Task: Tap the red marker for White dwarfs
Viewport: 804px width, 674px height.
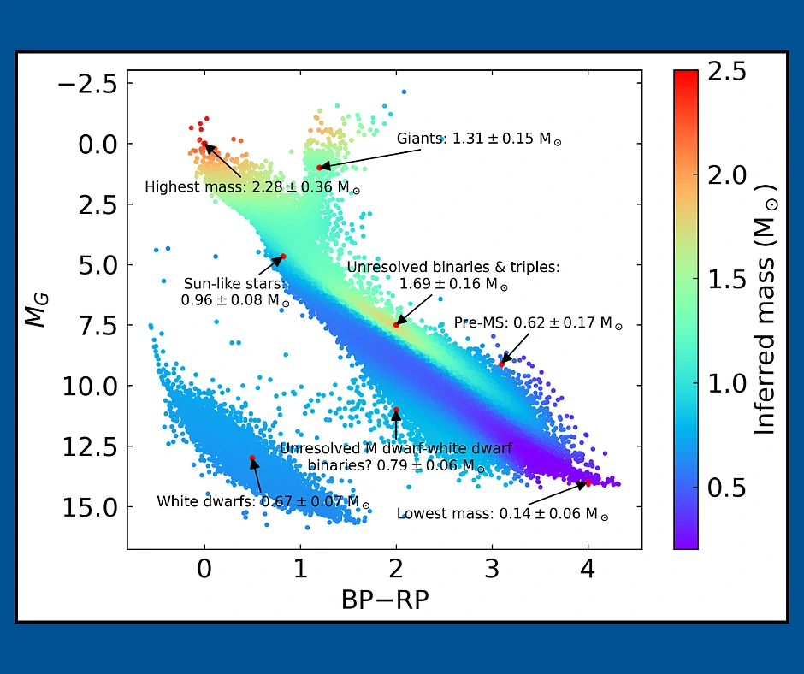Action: [x=252, y=458]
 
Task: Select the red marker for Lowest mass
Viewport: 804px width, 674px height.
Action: [x=588, y=482]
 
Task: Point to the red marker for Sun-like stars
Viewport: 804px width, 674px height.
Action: [x=283, y=257]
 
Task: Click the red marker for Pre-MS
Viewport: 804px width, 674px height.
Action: [x=502, y=364]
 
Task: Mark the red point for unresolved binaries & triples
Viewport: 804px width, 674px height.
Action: [x=396, y=325]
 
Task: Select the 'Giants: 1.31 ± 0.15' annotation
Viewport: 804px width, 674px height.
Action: [x=479, y=139]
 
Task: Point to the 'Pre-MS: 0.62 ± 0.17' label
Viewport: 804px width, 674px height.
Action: [x=538, y=324]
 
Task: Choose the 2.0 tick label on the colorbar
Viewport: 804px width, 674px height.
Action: [x=728, y=175]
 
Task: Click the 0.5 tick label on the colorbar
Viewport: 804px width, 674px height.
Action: [x=728, y=488]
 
